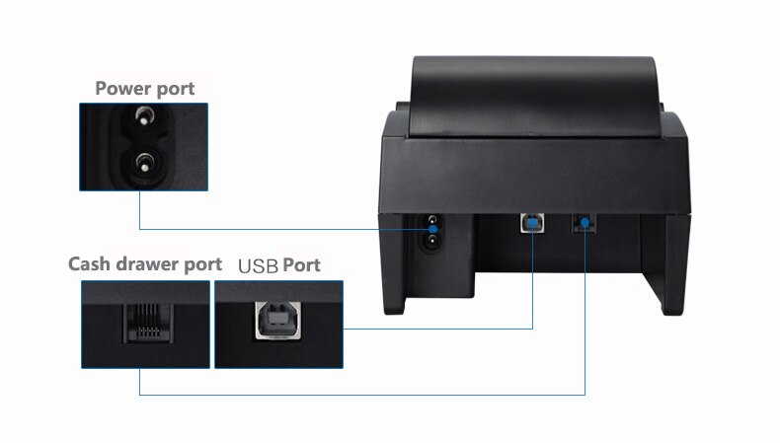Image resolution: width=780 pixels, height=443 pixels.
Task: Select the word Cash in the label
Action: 89,264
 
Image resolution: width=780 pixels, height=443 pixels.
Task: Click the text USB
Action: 259,265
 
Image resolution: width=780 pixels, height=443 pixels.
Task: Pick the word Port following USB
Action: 302,264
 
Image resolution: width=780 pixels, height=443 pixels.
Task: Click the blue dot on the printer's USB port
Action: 533,224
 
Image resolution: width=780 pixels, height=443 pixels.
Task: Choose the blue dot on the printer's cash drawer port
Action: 585,225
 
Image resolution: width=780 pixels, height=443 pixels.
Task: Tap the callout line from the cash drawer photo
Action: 365,395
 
